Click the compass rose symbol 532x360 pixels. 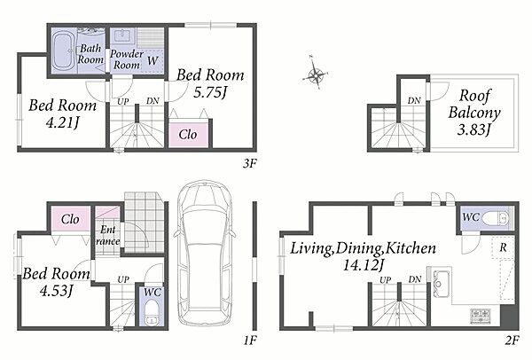point(316,74)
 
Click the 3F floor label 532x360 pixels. point(250,164)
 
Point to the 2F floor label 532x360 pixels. point(512,340)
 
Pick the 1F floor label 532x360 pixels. point(250,340)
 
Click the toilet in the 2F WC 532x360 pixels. point(496,218)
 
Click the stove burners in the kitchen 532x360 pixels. point(480,316)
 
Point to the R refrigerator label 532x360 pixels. point(503,247)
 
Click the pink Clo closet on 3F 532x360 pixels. point(188,135)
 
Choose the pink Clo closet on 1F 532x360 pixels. point(71,219)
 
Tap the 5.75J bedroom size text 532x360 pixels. point(210,92)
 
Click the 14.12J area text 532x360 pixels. point(363,265)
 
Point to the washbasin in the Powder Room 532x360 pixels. point(121,35)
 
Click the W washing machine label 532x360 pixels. point(153,60)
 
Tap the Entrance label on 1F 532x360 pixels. point(107,236)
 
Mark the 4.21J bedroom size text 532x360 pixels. point(62,122)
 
